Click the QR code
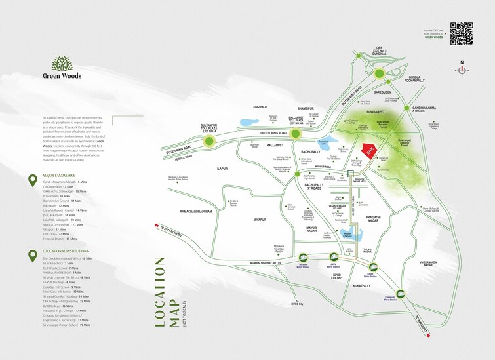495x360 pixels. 462,33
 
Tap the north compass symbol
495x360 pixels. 462,68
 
